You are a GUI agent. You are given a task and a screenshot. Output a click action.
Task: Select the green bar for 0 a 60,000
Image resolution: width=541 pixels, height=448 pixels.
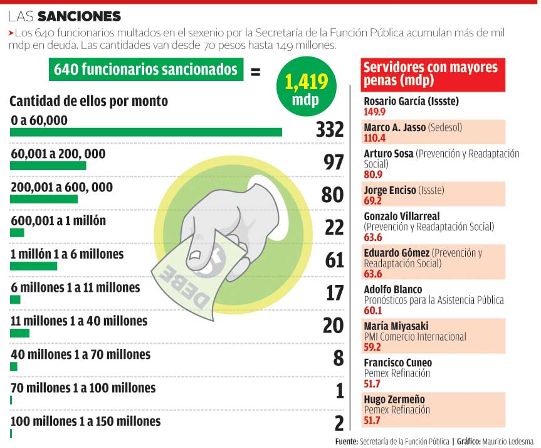click(x=146, y=132)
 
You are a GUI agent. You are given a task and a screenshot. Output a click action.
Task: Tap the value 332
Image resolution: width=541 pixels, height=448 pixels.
click(x=330, y=129)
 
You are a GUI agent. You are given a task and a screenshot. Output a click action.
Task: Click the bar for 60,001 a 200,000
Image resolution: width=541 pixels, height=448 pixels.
click(x=48, y=166)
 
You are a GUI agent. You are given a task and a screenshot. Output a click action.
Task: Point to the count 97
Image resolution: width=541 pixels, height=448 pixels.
click(x=334, y=162)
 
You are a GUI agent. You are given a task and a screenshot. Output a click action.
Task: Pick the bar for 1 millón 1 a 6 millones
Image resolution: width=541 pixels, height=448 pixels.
click(x=33, y=266)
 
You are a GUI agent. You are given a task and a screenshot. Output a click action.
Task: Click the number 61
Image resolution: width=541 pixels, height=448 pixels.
click(x=334, y=259)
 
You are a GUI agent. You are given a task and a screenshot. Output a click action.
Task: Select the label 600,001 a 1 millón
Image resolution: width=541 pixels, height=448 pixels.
click(x=58, y=220)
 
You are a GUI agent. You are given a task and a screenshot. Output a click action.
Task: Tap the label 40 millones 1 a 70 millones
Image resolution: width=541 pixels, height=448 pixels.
click(x=80, y=355)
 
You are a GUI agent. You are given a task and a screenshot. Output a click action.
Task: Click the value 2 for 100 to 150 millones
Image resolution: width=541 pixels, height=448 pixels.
click(x=339, y=423)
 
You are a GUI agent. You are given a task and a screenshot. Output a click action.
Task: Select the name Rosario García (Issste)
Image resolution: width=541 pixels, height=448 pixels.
click(x=411, y=100)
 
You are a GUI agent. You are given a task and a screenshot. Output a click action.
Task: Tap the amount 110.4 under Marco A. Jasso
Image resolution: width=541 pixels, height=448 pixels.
click(x=375, y=138)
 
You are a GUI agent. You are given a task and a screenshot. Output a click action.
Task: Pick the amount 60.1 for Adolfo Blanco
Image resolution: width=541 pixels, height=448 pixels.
click(x=373, y=310)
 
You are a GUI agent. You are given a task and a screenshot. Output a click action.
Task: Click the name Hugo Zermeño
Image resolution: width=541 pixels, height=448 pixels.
click(x=394, y=399)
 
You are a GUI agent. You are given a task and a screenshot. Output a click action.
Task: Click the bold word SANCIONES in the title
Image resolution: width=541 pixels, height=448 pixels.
click(x=79, y=15)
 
